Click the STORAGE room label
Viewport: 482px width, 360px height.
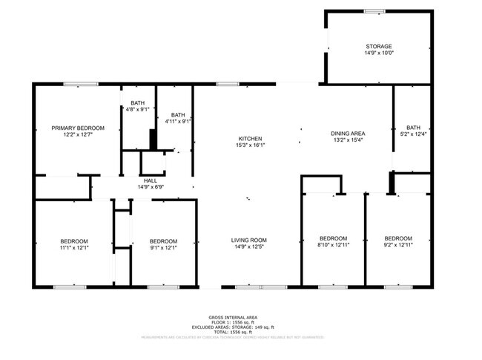click(378, 46)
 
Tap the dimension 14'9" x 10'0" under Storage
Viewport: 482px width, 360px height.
click(378, 53)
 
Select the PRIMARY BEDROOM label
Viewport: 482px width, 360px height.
click(78, 128)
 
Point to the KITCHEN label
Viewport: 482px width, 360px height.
click(250, 139)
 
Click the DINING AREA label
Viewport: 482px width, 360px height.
click(348, 134)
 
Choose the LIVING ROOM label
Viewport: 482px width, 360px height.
click(249, 240)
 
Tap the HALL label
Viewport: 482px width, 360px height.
click(151, 180)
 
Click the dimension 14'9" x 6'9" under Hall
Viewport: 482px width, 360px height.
click(151, 187)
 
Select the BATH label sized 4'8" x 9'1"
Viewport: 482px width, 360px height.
click(138, 102)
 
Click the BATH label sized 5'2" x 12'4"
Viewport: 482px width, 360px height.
click(413, 127)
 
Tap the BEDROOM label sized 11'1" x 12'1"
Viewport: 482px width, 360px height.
click(74, 240)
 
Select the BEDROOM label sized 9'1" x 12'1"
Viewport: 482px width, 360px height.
click(163, 240)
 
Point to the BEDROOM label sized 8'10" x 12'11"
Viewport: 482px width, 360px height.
click(333, 238)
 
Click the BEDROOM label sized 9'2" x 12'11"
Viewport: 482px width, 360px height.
click(398, 238)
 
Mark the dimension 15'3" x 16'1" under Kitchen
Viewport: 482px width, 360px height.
click(250, 146)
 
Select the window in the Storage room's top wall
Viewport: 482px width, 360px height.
click(374, 10)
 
